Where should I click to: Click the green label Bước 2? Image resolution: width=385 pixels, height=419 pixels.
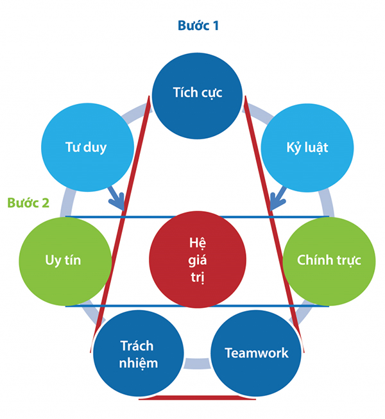coord(28,203)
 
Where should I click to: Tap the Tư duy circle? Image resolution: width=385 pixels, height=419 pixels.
coord(86,147)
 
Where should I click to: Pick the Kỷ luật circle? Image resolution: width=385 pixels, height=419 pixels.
coord(307,147)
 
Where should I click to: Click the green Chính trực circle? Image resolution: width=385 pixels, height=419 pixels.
coord(329,261)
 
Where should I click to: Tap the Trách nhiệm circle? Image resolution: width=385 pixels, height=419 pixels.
coord(139,354)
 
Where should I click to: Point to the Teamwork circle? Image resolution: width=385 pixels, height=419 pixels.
coord(256,354)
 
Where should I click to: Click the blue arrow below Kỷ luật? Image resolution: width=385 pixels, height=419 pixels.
coord(277,200)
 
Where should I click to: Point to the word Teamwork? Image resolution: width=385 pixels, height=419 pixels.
coord(256,353)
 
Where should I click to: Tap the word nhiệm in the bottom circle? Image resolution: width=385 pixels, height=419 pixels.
coord(139,363)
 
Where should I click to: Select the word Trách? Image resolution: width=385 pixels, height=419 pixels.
coord(139,346)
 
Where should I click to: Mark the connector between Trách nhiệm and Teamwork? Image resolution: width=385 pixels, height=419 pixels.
coord(197,364)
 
